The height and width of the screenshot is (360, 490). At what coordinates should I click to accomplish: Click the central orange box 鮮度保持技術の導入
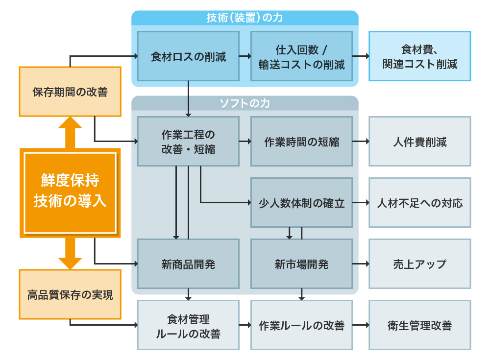pyautogui.click(x=70, y=192)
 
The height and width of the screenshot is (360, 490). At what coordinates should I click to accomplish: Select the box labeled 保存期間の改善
pyautogui.click(x=70, y=92)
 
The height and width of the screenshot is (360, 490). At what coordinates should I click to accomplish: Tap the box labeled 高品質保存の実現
pyautogui.click(x=70, y=294)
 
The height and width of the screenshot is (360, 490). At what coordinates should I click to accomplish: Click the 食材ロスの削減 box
pyautogui.click(x=188, y=56)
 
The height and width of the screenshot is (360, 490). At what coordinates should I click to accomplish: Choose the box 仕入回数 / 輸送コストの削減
pyautogui.click(x=301, y=56)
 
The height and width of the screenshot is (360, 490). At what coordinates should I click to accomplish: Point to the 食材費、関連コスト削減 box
pyautogui.click(x=419, y=56)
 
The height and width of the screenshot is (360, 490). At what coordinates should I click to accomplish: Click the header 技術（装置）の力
pyautogui.click(x=245, y=18)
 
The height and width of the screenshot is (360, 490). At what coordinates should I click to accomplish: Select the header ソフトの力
pyautogui.click(x=245, y=103)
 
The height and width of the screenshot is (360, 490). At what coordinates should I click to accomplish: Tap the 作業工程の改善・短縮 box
pyautogui.click(x=188, y=142)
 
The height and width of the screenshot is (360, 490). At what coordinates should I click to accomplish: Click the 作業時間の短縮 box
pyautogui.click(x=301, y=142)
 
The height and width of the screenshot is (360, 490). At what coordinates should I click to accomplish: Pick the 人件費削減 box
pyautogui.click(x=419, y=142)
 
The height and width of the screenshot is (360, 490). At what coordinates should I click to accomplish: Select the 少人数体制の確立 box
pyautogui.click(x=301, y=202)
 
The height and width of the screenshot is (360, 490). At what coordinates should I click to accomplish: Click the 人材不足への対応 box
pyautogui.click(x=419, y=202)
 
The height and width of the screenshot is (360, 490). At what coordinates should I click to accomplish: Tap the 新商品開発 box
pyautogui.click(x=188, y=264)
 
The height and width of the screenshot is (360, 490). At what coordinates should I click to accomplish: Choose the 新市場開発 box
pyautogui.click(x=301, y=264)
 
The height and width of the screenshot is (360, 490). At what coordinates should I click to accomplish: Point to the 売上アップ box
pyautogui.click(x=419, y=264)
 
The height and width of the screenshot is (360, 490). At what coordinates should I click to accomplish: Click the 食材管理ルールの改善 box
pyautogui.click(x=188, y=325)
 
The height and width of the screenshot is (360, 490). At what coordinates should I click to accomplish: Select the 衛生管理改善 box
pyautogui.click(x=419, y=325)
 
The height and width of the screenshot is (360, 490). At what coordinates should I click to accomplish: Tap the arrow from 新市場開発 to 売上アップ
pyautogui.click(x=361, y=264)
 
